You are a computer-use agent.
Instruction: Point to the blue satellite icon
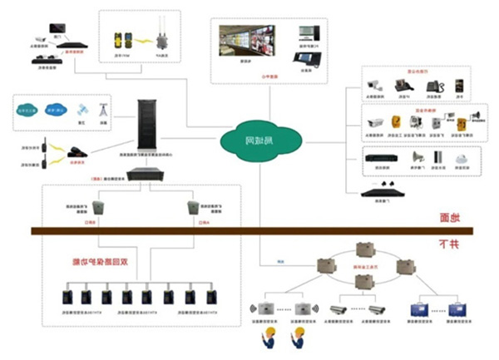point(82,109)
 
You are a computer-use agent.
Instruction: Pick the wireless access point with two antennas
point(161,37)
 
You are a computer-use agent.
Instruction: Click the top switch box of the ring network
point(363,249)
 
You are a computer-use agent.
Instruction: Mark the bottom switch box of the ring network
point(363,282)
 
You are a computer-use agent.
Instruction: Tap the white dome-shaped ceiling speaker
point(461,158)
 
